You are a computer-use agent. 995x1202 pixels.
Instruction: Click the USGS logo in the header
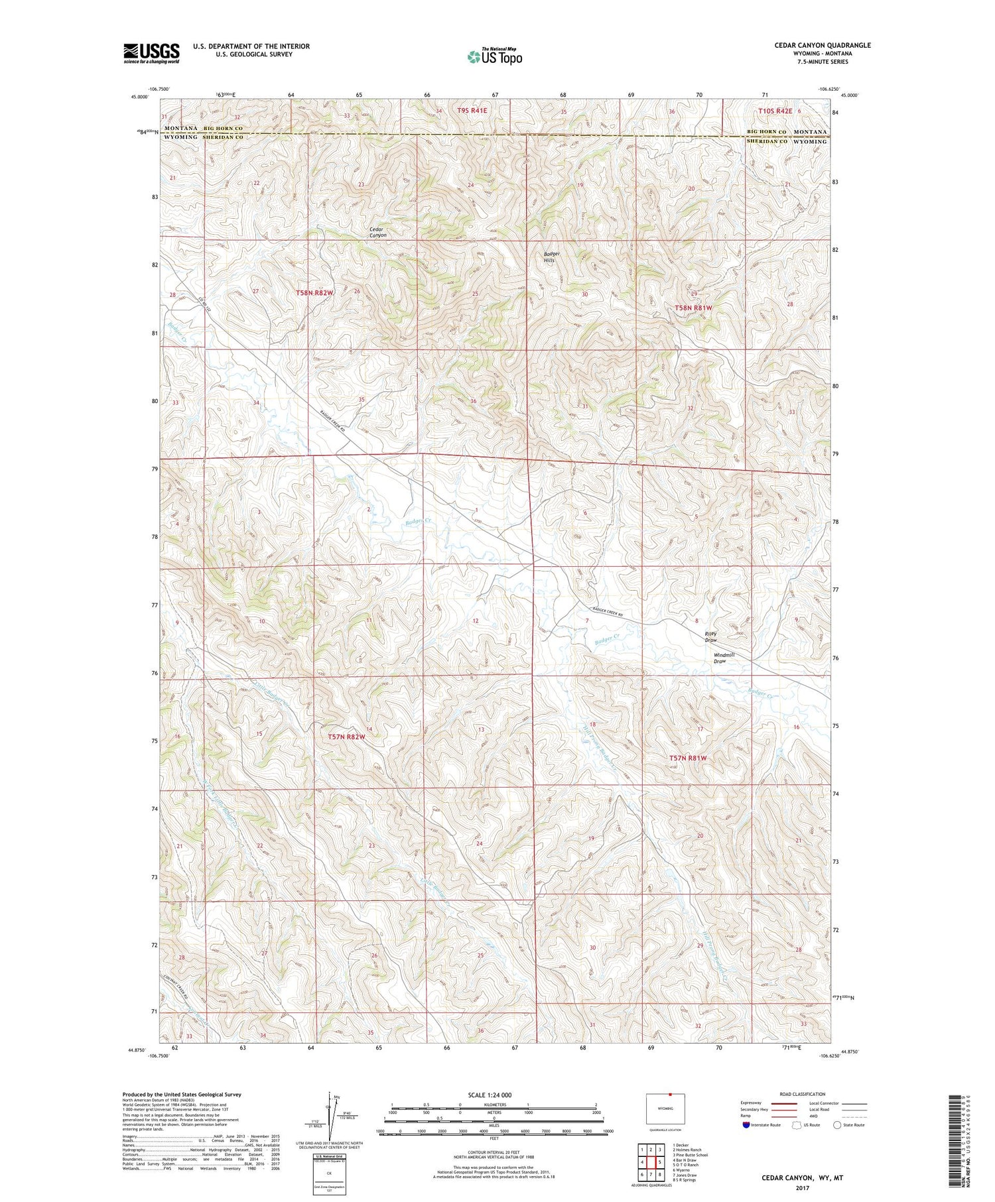point(151,53)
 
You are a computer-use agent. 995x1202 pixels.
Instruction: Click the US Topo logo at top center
point(494,56)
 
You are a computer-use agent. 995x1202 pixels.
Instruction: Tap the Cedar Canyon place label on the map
point(378,232)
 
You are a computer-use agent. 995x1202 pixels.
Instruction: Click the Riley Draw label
point(711,637)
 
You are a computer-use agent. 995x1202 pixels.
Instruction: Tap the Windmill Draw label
point(724,658)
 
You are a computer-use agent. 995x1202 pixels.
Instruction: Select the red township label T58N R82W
point(314,292)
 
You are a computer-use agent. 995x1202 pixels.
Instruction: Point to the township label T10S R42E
point(775,111)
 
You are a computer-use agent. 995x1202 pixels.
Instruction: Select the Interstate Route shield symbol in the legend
point(746,1124)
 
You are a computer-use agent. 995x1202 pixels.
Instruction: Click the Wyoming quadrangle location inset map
point(666,1109)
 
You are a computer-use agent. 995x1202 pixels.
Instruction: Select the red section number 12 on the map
point(476,621)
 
